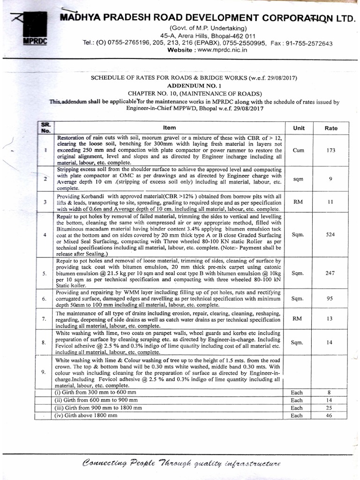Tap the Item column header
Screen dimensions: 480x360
click(169, 127)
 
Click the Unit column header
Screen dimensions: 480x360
click(299, 127)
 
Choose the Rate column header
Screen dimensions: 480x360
click(330, 128)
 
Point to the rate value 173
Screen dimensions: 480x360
click(330, 151)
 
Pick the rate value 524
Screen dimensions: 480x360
click(330, 234)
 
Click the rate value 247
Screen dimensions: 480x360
click(330, 272)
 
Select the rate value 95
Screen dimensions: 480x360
click(330, 298)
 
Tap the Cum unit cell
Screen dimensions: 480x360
click(298, 151)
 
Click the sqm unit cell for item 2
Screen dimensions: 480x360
click(298, 178)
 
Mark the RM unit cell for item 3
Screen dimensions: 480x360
click(298, 202)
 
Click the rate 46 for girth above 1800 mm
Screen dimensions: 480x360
click(330, 415)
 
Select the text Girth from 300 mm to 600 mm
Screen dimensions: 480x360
click(96, 392)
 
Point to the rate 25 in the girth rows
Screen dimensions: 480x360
click(330, 408)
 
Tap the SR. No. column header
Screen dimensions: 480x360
click(45, 127)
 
